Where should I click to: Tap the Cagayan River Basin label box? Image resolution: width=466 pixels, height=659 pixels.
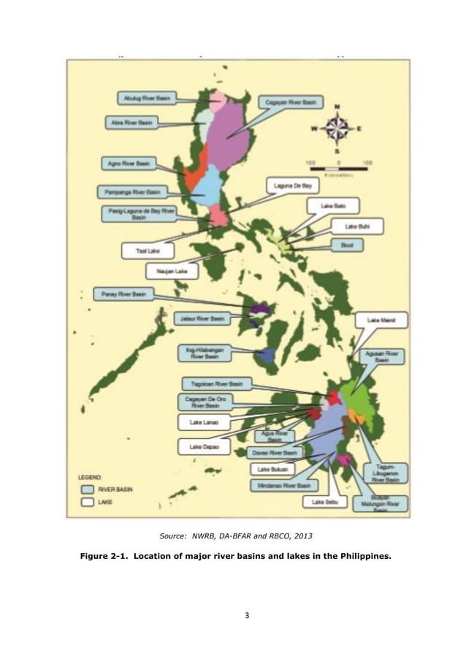click(290, 104)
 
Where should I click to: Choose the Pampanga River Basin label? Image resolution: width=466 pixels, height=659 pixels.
click(132, 192)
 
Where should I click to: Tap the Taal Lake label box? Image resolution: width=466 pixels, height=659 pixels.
click(148, 249)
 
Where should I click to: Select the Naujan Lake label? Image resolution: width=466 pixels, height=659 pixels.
click(172, 271)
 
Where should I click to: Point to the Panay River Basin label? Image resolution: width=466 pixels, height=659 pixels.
click(123, 294)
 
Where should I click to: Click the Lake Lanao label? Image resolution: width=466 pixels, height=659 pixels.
click(203, 422)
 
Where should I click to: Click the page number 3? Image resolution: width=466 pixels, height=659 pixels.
click(247, 615)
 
